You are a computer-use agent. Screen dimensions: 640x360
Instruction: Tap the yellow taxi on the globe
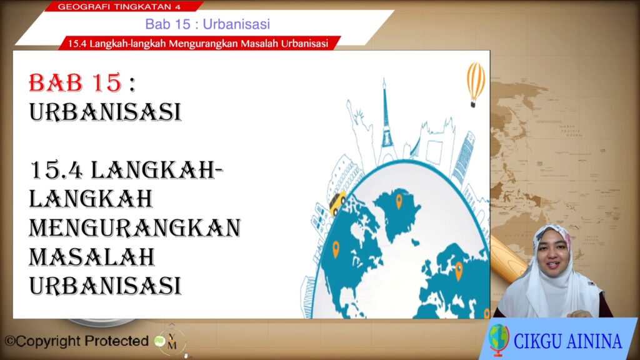(338, 202)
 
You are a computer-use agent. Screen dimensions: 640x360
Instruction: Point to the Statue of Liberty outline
(357, 122)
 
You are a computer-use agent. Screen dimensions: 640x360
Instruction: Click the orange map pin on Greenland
(399, 201)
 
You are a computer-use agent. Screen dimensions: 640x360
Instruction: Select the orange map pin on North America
(336, 249)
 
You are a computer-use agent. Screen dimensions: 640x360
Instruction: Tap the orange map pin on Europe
(459, 270)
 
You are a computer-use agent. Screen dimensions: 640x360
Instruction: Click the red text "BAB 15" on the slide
(76, 82)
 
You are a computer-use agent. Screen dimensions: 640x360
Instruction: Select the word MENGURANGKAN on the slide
(135, 227)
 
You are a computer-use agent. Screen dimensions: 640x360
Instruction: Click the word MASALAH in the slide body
(92, 257)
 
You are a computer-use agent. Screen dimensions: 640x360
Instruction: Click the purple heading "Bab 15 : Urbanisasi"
(207, 24)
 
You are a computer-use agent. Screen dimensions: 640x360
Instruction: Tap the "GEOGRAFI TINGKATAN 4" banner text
(119, 6)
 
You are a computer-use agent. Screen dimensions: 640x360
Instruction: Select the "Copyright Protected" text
(76, 341)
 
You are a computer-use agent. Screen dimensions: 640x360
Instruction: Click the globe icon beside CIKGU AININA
(499, 339)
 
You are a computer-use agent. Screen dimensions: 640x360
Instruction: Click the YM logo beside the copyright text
(171, 341)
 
